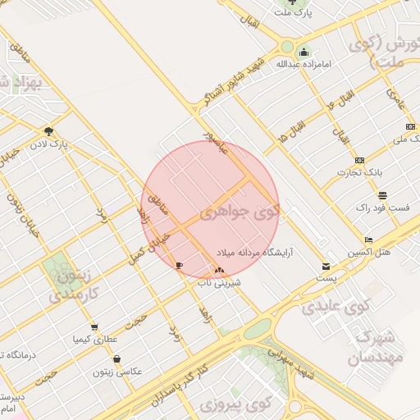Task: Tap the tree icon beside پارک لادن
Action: (x=49, y=130)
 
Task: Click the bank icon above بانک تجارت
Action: (x=359, y=159)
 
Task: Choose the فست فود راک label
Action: (x=381, y=208)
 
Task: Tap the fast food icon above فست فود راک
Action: (x=382, y=194)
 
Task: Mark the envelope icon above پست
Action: (x=326, y=267)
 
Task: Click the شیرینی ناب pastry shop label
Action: (x=217, y=282)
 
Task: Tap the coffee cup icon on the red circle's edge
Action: (x=180, y=265)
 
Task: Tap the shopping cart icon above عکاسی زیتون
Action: (x=118, y=359)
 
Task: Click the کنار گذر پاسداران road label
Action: (x=182, y=386)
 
